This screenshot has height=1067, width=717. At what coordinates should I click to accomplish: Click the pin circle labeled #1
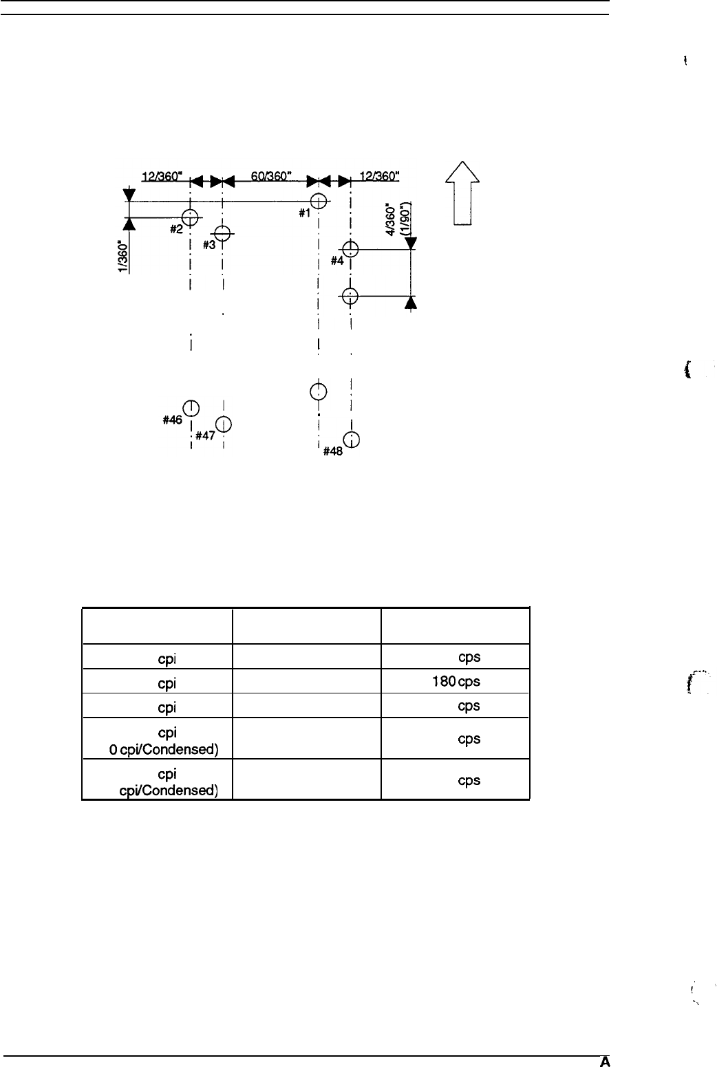(318, 201)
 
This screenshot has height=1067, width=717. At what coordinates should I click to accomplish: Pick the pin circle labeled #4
(351, 249)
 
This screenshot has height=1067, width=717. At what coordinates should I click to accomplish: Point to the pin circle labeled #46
(191, 408)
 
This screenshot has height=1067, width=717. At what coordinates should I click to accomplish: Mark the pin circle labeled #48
(351, 440)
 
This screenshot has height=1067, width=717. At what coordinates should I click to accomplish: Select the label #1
(304, 213)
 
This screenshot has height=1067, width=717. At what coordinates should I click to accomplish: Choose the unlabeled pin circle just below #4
(351, 296)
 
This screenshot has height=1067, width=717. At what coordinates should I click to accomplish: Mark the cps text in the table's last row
(468, 781)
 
